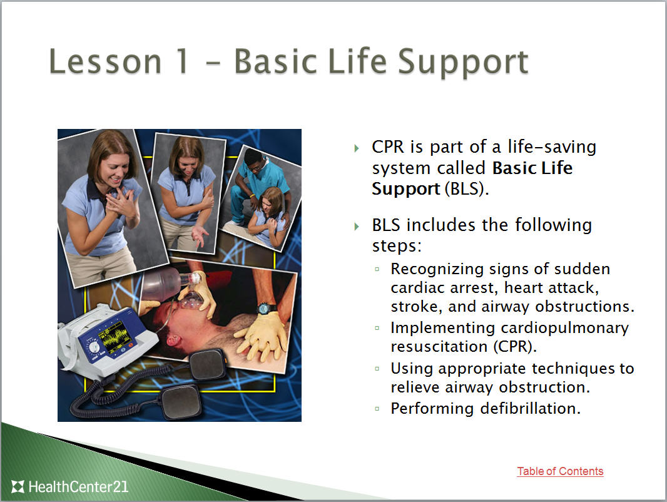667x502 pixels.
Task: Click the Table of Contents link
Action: [x=560, y=471]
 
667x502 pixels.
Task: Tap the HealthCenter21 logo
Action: [x=70, y=486]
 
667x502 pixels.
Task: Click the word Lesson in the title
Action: [x=105, y=62]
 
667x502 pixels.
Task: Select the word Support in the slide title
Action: [x=462, y=62]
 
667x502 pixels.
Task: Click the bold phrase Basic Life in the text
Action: [x=532, y=168]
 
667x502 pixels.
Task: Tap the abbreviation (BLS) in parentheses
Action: [x=466, y=189]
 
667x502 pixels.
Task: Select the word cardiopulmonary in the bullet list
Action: [x=565, y=327]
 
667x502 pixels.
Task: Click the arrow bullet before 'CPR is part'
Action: [x=357, y=148]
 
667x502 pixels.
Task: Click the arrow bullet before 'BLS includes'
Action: [x=357, y=226]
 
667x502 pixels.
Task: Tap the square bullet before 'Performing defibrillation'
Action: [x=377, y=409]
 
